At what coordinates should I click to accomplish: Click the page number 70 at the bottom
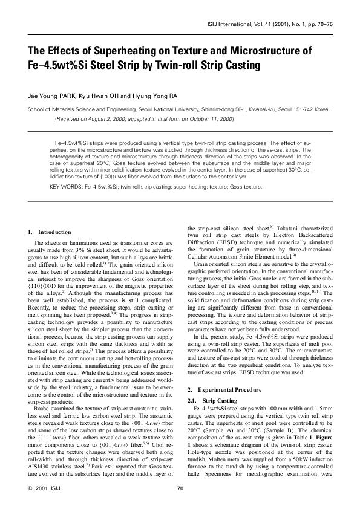[180, 488]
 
